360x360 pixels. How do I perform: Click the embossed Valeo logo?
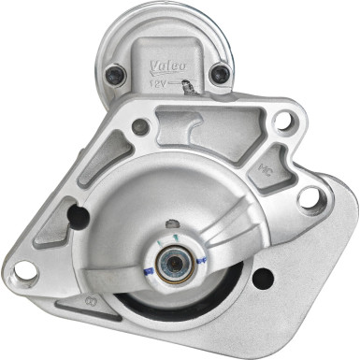coord(167,66)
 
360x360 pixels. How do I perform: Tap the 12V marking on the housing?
coord(159,83)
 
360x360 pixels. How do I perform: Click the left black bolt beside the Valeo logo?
coord(115,73)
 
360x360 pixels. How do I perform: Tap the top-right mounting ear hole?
coord(285,120)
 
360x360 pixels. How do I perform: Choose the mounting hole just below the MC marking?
coord(309,197)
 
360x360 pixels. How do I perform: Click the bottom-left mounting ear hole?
coord(25,272)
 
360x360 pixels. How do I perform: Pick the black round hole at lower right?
coord(265,278)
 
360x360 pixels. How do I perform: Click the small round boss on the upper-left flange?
coord(140,125)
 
